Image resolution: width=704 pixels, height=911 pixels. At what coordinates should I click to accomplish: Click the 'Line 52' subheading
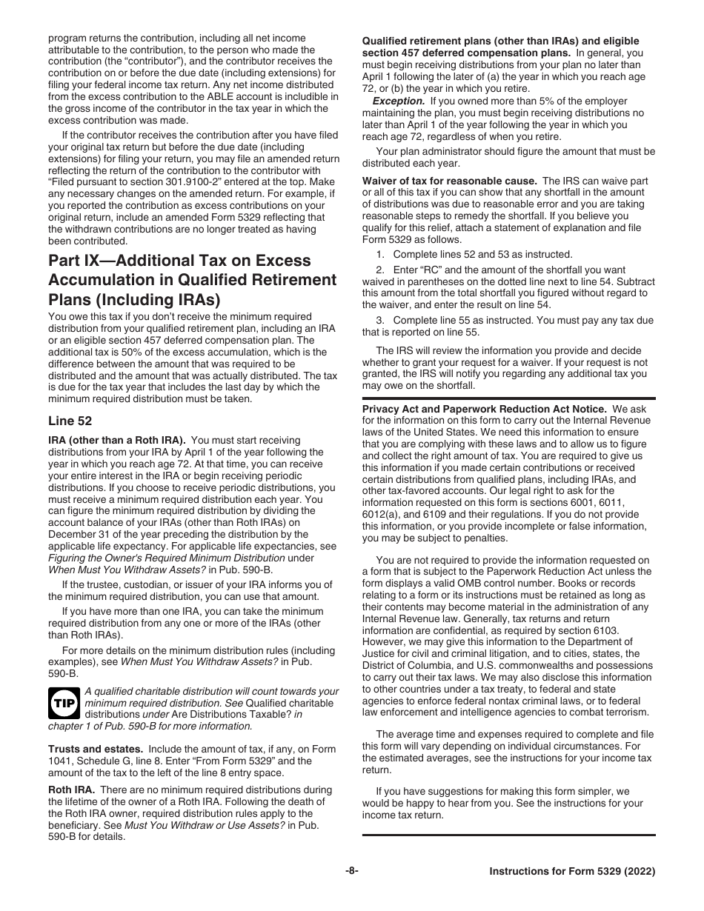click(70, 421)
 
